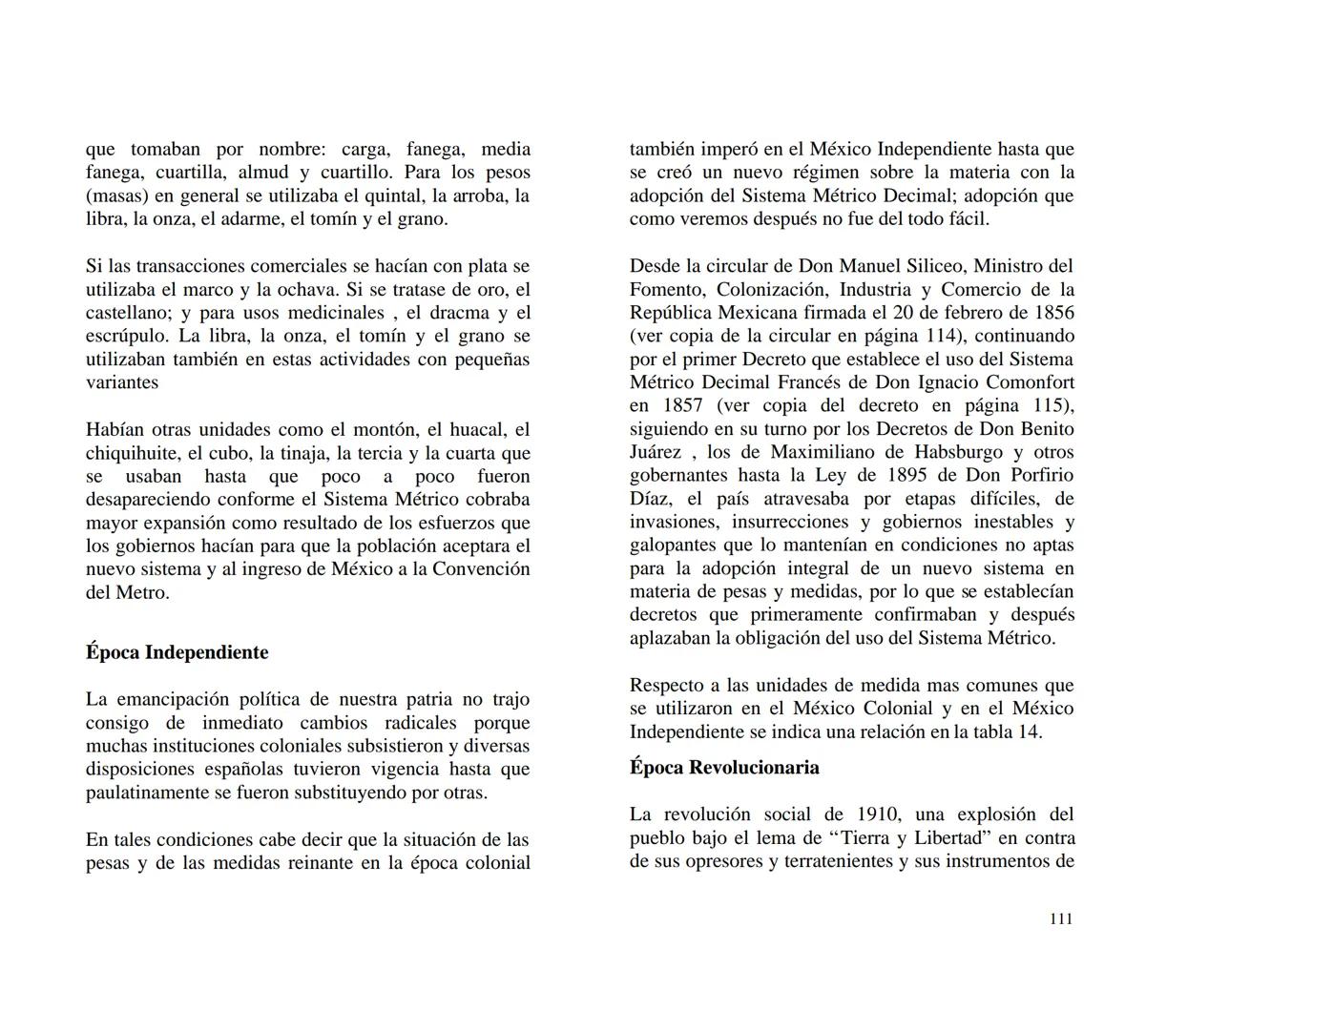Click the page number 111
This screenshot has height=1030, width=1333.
[1061, 918]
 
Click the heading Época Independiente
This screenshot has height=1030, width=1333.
[177, 652]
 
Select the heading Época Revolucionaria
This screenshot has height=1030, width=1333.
[724, 768]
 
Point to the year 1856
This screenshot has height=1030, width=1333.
[1052, 313]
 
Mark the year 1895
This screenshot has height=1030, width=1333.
[908, 476]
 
